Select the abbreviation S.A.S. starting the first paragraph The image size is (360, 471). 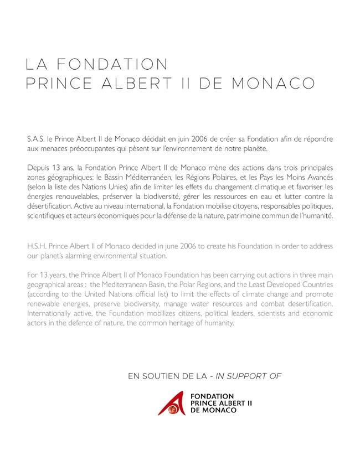tap(36, 138)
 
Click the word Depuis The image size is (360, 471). tap(38, 168)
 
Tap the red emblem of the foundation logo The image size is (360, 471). tap(169, 402)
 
